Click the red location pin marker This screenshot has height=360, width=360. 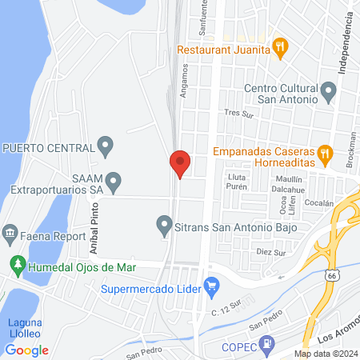[180, 164]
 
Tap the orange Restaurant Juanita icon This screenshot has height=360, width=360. [279, 49]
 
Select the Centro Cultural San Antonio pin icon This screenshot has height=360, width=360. [327, 93]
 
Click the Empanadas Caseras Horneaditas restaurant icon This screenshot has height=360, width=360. [324, 151]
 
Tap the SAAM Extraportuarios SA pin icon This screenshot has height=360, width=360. [114, 183]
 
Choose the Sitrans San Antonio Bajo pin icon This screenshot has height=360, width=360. [164, 223]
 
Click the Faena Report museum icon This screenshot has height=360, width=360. [10, 234]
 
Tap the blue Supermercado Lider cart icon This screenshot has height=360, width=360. [212, 284]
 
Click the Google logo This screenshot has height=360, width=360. [26, 350]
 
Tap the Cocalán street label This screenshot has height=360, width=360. [318, 203]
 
